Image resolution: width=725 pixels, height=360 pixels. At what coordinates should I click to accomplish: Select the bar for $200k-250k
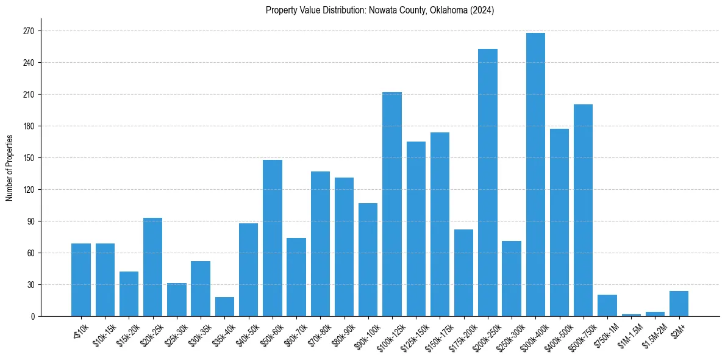tap(488, 182)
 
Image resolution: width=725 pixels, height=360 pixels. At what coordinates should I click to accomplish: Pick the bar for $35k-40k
tap(224, 307)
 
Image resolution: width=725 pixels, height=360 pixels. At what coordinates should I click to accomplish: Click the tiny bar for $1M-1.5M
tap(631, 315)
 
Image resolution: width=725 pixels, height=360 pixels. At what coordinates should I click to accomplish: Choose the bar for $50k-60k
tap(273, 238)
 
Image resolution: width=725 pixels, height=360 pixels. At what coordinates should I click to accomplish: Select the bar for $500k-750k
tap(583, 211)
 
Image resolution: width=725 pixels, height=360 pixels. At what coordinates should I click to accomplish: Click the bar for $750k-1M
tap(607, 306)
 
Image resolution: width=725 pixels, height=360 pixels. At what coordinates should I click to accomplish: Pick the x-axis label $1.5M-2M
tap(654, 335)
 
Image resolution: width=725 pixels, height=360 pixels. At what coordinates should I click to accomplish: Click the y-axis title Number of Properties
tap(9, 168)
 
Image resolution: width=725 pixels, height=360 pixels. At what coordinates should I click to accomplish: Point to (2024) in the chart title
tap(482, 10)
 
